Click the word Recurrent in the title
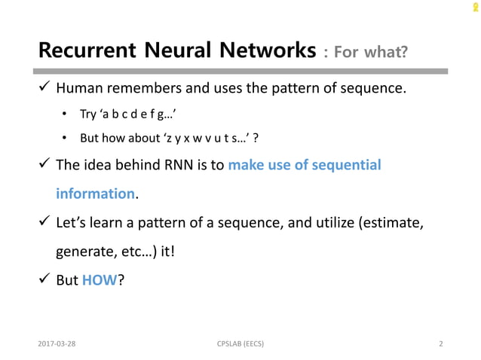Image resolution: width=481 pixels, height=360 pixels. [85, 51]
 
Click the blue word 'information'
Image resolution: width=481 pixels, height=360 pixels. [95, 194]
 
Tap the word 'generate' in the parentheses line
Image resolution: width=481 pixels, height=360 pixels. [85, 252]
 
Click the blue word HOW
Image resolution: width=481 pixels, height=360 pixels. [100, 280]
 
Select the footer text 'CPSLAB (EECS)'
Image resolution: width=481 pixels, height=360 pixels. [240, 345]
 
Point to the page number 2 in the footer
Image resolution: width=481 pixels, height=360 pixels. [440, 345]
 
